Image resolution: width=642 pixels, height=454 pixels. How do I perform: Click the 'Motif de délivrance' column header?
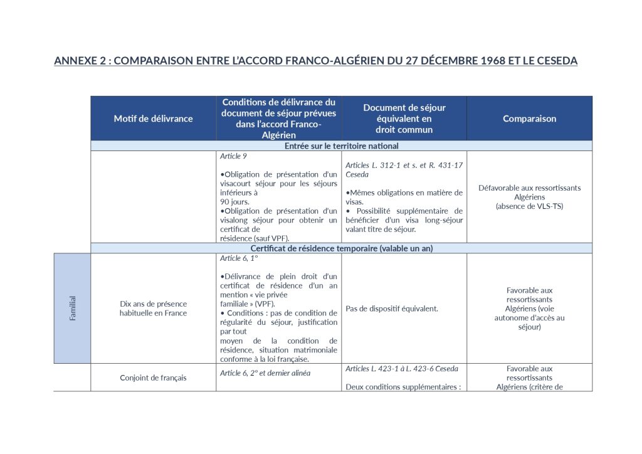click(x=153, y=119)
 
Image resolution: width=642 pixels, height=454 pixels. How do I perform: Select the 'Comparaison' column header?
click(x=529, y=119)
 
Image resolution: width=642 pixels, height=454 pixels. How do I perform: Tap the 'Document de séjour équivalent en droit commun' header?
click(x=404, y=119)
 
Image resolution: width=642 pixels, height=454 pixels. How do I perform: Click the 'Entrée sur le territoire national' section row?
click(x=341, y=145)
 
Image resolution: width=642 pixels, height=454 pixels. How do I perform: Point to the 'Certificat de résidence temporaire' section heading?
click(x=341, y=248)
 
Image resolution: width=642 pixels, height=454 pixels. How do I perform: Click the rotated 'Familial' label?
click(x=73, y=309)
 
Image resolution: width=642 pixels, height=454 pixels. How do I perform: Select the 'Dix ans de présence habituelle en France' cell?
click(x=153, y=309)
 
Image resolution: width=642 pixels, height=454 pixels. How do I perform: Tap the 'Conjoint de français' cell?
click(x=153, y=377)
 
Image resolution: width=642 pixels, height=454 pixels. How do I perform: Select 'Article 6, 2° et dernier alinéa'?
click(x=266, y=373)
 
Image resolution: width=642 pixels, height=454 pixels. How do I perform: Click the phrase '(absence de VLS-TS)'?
click(x=529, y=206)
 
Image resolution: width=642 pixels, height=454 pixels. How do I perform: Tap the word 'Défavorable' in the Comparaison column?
click(x=500, y=187)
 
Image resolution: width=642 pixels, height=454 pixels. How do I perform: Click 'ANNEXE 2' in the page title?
click(x=76, y=61)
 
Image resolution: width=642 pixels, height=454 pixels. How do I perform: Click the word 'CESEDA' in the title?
click(x=555, y=61)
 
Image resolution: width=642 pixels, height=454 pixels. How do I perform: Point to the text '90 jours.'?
click(x=234, y=202)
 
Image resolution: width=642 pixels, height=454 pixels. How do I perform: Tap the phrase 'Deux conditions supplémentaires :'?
click(x=403, y=387)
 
